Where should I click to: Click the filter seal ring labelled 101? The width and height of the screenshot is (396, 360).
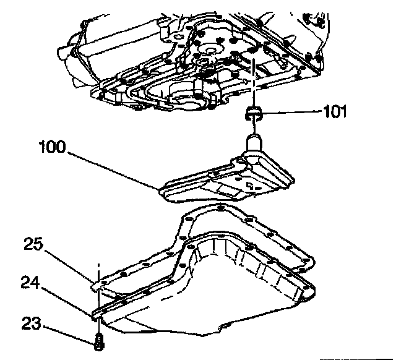pos(254,112)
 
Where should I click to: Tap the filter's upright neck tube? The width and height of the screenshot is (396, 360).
pos(254,144)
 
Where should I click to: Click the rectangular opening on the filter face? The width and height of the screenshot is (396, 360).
pos(248,184)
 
